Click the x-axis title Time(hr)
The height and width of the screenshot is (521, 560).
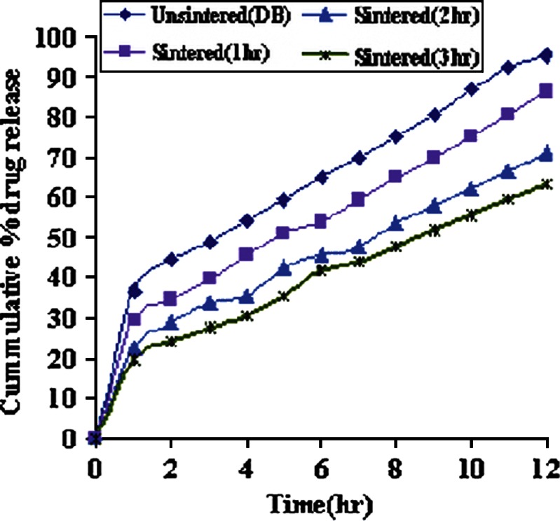(320, 503)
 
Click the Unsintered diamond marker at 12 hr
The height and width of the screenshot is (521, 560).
(546, 55)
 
